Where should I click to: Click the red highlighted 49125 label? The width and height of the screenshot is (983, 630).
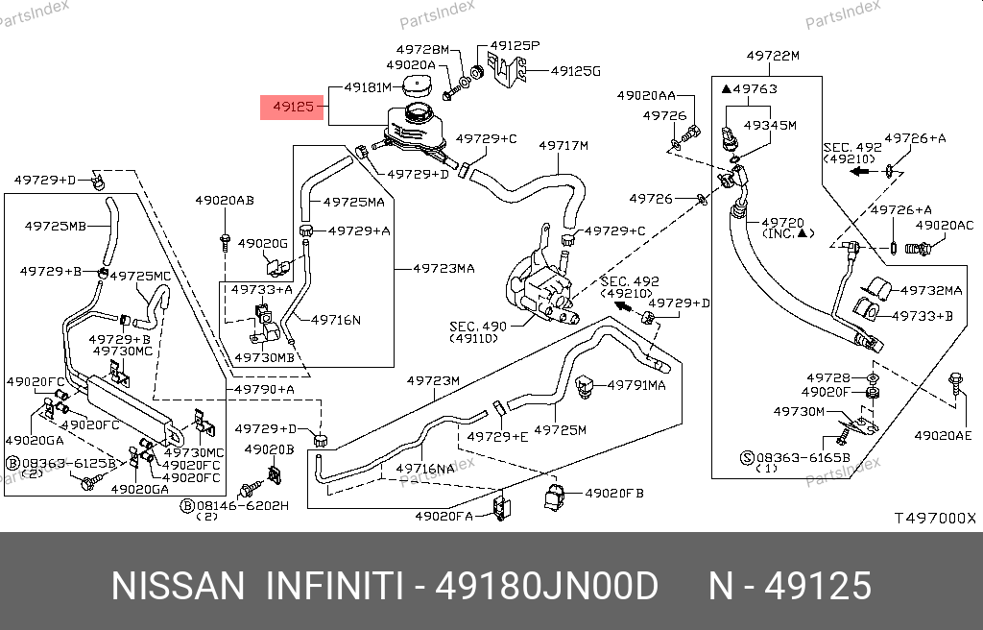[x=292, y=106]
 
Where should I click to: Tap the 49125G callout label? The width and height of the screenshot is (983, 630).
[x=576, y=71]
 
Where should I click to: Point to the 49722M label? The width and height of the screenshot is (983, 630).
[x=773, y=56]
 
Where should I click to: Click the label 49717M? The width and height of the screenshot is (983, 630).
[x=563, y=146]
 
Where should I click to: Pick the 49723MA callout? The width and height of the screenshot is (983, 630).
[x=444, y=269]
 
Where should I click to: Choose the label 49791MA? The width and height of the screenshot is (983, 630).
[x=635, y=385]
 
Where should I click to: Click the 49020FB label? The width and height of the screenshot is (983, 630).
[x=614, y=494]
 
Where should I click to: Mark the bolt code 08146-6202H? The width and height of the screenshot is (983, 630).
[x=242, y=505]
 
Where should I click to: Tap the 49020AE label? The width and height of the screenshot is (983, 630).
[x=943, y=435]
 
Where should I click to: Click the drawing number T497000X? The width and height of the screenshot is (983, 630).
[x=934, y=519]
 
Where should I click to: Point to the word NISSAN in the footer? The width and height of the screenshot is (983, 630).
[x=179, y=586]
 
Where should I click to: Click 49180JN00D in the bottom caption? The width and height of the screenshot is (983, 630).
[x=547, y=586]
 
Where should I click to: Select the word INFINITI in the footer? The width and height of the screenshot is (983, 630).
[x=333, y=586]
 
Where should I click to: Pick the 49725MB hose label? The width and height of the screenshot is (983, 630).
[x=55, y=227]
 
